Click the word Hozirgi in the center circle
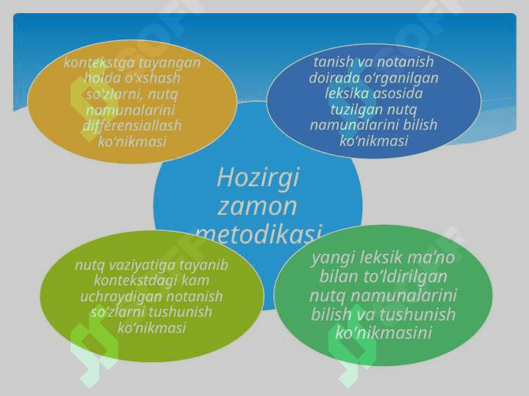258,178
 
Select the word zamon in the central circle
257,206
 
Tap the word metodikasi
259,233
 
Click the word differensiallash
132,125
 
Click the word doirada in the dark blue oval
334,78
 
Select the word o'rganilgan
401,78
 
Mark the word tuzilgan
356,110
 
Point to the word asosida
398,94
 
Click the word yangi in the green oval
333,259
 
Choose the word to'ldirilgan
406,277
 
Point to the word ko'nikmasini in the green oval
384,333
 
